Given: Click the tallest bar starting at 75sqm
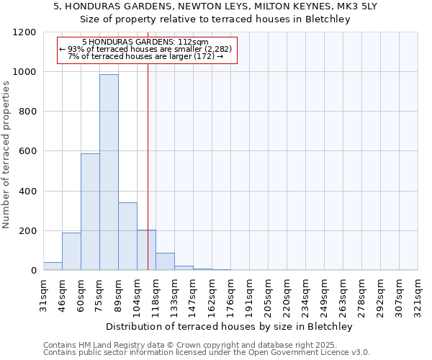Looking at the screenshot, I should (109, 173).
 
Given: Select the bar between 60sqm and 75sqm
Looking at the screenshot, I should (90, 212).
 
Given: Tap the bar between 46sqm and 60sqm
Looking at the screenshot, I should (71, 251).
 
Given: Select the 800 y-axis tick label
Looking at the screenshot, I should (27, 112).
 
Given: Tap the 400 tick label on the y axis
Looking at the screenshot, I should (27, 192).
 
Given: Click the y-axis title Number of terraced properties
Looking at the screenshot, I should (7, 155).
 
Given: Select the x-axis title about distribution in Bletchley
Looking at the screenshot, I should (230, 326).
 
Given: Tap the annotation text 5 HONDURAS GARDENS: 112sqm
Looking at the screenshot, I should (145, 42).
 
